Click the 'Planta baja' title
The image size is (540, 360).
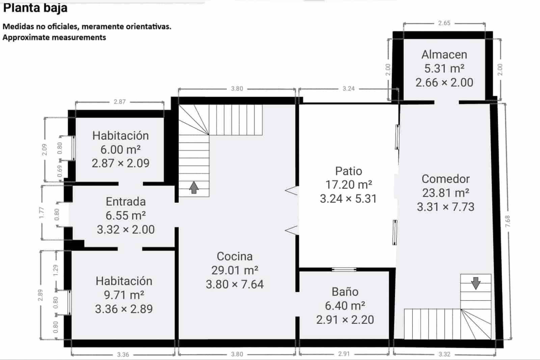point(35,7)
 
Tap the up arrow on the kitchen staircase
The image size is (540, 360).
point(193,187)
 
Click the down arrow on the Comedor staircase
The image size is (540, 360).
point(476,283)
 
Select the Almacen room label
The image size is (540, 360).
point(444,54)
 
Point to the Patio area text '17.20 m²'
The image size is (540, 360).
point(349,185)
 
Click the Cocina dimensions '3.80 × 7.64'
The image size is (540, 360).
point(235,284)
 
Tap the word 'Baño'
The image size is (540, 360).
point(345,292)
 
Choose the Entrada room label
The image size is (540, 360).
point(126,202)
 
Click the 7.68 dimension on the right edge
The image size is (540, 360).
point(508,221)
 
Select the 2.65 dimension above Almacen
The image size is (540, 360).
point(444,23)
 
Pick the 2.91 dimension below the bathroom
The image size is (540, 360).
point(344,354)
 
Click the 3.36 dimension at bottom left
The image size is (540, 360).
point(123,355)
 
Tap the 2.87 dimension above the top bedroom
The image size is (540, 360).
point(119,102)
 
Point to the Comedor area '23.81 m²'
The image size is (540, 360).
point(446,193)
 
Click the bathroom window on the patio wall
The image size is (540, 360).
point(344,269)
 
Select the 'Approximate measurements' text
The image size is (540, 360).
point(54,37)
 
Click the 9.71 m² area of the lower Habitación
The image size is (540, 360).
point(124,295)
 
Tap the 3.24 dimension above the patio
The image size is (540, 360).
point(349,88)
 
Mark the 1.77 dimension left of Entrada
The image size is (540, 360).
point(42,213)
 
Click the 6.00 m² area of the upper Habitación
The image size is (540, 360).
point(120,150)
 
